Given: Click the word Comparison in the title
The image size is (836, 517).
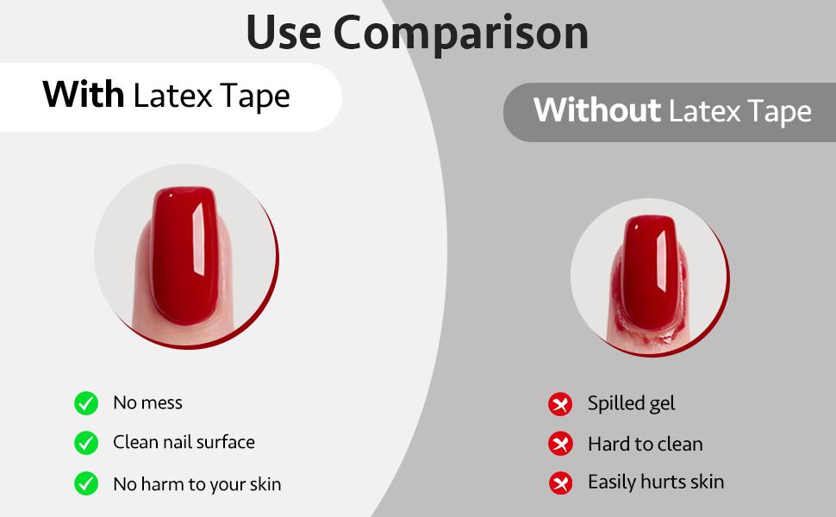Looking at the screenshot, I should click(461, 33).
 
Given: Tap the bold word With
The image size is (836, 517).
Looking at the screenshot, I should click(84, 95).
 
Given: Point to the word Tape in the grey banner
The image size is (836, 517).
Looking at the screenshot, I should click(775, 111).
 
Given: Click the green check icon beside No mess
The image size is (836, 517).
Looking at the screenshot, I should click(86, 402).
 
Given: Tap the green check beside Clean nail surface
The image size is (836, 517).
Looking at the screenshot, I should click(86, 443).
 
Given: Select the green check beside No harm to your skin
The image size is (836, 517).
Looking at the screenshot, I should click(86, 483).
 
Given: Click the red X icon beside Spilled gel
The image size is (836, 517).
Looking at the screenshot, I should click(560, 403).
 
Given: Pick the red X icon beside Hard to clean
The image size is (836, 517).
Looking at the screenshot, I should click(560, 444).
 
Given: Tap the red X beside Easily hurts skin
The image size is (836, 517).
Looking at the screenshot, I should click(560, 483).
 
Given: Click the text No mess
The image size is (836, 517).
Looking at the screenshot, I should click(147, 402).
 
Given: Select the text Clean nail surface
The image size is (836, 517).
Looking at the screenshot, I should click(184, 442).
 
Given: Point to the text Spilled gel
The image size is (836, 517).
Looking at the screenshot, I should click(631, 403).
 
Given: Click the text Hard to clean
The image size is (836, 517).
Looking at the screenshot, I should click(645, 444).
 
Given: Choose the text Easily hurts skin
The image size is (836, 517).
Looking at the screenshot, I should click(655, 482).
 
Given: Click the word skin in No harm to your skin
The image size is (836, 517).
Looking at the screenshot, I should click(265, 484).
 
